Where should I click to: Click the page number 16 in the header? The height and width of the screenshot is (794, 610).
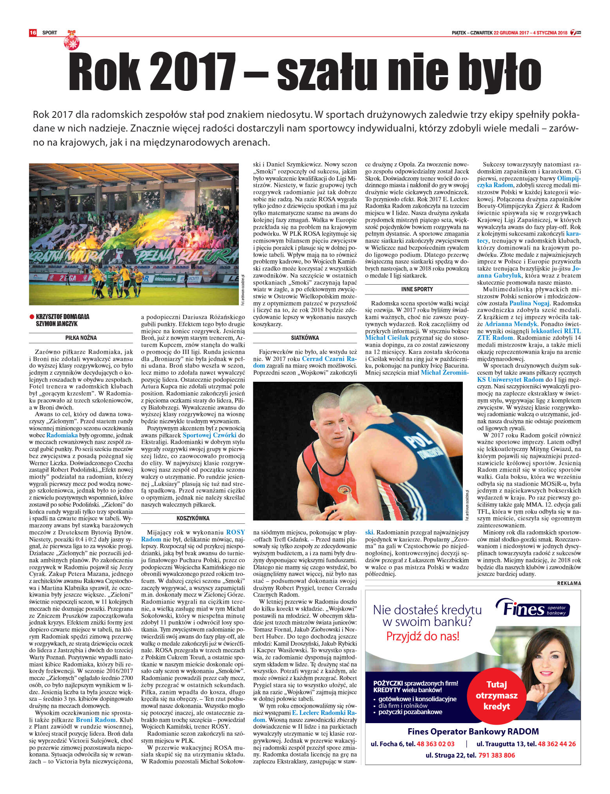tap(32, 33)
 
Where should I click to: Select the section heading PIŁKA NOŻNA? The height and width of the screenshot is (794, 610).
tap(81, 337)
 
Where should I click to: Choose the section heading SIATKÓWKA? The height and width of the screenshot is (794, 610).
tap(305, 337)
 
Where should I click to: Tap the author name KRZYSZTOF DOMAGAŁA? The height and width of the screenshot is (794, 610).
tap(62, 316)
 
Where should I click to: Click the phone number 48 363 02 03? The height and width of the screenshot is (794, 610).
tap(435, 743)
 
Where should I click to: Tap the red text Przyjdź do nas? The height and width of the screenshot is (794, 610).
tap(422, 636)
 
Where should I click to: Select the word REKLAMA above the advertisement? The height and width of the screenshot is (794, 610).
tap(569, 583)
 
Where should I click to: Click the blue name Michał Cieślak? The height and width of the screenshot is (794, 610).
tap(387, 337)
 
